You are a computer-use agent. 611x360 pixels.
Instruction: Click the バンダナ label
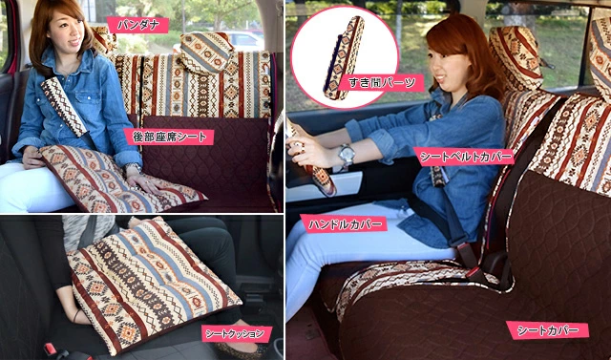137,26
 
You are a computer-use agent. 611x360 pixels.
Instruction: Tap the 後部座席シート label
169,137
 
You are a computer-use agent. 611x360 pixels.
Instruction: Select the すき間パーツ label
381,82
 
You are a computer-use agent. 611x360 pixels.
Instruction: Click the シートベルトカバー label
464,157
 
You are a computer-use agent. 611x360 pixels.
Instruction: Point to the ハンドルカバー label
344,223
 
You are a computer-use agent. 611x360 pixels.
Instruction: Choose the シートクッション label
237,333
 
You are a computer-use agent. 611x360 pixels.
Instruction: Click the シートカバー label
547,330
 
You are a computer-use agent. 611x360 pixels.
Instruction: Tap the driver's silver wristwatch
346,155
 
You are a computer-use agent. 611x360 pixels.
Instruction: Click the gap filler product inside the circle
344,57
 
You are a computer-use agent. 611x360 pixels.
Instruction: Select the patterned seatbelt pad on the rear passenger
64,106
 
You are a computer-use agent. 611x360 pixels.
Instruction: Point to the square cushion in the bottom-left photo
154,286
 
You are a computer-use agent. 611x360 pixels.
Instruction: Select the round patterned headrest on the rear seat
206,53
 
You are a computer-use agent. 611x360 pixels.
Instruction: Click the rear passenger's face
66,30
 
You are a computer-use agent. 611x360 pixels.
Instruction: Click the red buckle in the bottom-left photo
51,349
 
